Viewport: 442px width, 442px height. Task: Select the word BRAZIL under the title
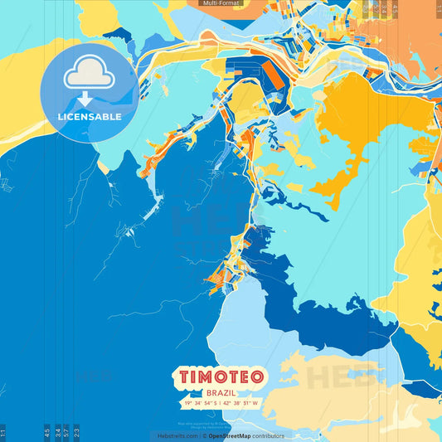click(x=221, y=392)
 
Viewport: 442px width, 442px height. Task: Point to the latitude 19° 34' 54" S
click(x=197, y=404)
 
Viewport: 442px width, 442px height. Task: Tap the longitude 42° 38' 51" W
click(x=241, y=404)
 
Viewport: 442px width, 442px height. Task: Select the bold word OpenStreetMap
click(x=231, y=436)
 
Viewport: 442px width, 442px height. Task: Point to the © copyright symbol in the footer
click(x=204, y=436)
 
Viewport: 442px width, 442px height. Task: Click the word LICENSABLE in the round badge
click(x=90, y=117)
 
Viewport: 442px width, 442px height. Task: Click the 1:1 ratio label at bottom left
click(x=2, y=433)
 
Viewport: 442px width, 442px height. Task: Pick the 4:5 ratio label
click(x=46, y=433)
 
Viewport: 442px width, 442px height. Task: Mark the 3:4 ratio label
click(x=57, y=433)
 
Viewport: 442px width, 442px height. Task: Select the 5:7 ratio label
click(x=67, y=433)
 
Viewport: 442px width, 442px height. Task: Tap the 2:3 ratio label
click(x=77, y=433)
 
